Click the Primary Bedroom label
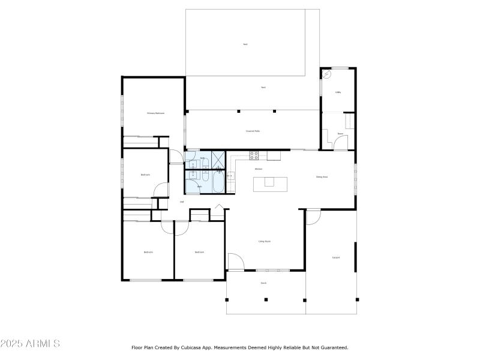(155, 113)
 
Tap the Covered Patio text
(253, 131)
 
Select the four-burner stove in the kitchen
(254, 155)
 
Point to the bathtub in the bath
(217, 182)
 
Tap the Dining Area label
(322, 176)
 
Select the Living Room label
(264, 242)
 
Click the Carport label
(336, 257)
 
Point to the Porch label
(263, 283)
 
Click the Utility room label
(338, 92)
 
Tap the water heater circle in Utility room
(327, 75)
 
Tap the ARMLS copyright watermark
(30, 344)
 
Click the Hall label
(182, 202)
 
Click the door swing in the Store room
(340, 142)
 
